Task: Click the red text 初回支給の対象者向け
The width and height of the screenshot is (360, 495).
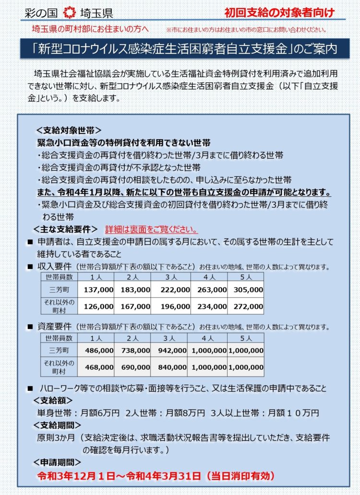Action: [279, 12]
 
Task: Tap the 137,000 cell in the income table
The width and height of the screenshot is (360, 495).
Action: [98, 290]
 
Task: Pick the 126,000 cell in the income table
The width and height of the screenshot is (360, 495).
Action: [98, 306]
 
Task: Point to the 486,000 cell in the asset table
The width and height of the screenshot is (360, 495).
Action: [98, 351]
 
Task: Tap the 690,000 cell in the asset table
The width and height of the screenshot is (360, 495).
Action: [135, 367]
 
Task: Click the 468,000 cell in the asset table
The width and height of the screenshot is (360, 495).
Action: [98, 367]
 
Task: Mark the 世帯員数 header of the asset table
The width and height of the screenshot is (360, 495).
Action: [60, 338]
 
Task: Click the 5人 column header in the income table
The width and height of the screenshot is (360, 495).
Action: [246, 277]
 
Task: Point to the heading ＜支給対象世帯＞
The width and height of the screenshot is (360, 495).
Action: [68, 130]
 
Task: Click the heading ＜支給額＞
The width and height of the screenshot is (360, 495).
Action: [53, 400]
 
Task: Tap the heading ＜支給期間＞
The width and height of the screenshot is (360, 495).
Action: [57, 425]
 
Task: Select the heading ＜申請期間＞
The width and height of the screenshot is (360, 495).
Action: [57, 462]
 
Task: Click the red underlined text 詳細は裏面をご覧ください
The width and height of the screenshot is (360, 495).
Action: [152, 229]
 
